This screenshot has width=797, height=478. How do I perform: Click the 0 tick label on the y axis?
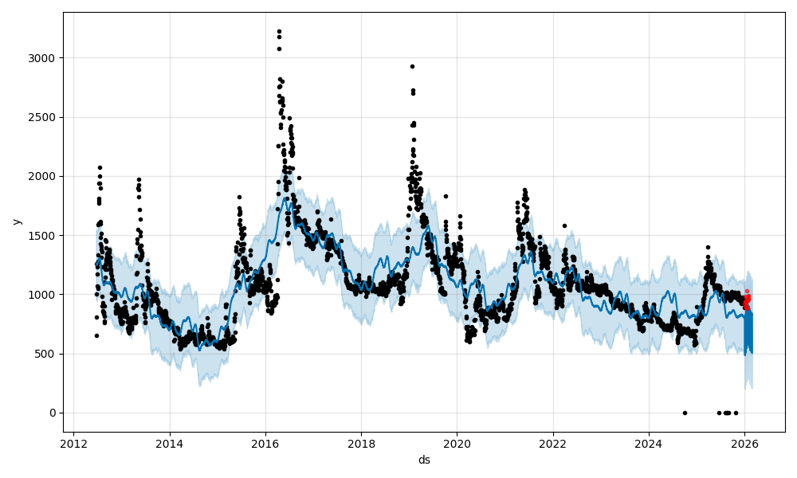[53, 413]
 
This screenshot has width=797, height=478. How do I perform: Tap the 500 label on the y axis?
[47, 354]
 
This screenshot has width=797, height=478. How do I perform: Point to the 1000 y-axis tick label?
[44, 295]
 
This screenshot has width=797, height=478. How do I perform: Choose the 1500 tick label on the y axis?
[44, 235]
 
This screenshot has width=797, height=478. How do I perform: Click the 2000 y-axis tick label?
[44, 176]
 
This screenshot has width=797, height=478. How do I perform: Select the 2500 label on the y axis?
[44, 117]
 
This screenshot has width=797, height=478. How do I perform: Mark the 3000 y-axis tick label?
[44, 58]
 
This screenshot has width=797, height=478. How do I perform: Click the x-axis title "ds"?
[424, 460]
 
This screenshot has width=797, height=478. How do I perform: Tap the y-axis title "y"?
[17, 221]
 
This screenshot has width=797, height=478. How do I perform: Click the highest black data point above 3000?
[279, 31]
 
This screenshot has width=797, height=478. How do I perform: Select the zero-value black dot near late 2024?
[685, 413]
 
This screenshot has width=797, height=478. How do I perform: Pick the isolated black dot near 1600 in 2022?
[564, 225]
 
